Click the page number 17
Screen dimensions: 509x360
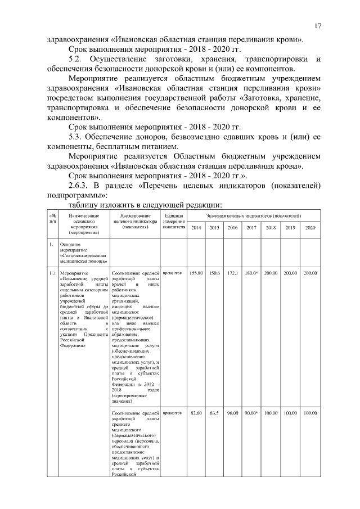318,25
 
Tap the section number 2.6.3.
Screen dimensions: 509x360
81,186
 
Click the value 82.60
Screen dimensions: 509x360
196,413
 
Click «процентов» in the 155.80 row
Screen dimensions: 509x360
172,273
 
